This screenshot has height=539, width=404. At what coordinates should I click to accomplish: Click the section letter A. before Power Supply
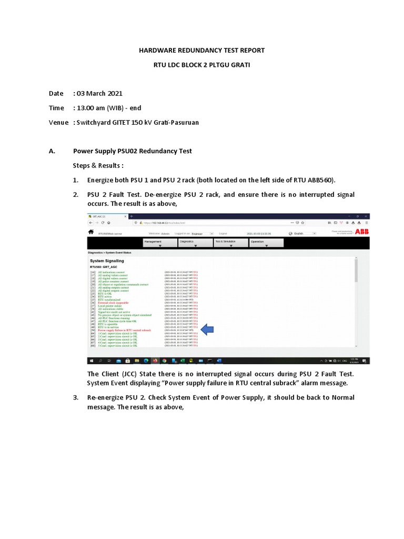click(52, 151)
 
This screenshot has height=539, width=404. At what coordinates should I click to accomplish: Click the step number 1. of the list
click(76, 180)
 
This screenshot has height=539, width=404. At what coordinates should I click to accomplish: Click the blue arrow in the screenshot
click(208, 329)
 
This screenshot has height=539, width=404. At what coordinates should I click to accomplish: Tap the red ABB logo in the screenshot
click(362, 231)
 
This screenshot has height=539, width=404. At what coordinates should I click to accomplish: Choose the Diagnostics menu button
click(195, 242)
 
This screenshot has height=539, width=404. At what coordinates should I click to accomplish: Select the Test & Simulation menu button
click(230, 242)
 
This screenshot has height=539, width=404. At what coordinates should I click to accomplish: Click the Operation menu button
click(266, 242)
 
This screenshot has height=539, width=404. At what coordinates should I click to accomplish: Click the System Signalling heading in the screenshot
click(107, 261)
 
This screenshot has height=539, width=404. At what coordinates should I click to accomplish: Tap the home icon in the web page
click(91, 232)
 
